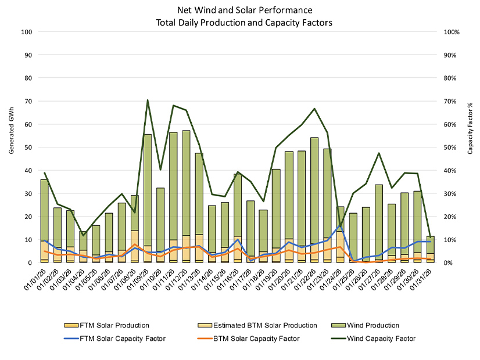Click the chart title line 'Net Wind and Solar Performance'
click(240, 10)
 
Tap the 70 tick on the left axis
click(26, 101)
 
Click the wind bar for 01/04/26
click(84, 241)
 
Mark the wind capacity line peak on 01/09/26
click(148, 100)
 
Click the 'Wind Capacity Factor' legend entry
click(386, 338)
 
